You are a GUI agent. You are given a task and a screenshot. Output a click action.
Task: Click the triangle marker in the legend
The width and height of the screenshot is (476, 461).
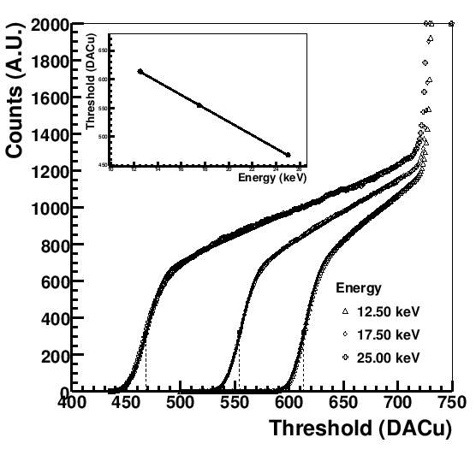click(x=344, y=310)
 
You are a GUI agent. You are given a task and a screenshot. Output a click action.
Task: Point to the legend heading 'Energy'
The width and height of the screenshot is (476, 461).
click(x=354, y=287)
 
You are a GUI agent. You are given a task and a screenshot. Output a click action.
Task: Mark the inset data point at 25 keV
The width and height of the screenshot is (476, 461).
click(x=287, y=155)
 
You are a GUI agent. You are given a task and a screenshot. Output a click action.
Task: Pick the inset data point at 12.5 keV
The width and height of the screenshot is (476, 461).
click(x=140, y=71)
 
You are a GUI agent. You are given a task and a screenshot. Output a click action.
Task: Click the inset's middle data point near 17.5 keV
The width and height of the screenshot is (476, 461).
click(x=199, y=105)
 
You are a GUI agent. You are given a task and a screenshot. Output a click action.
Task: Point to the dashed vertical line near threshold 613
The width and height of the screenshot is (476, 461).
click(x=303, y=363)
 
